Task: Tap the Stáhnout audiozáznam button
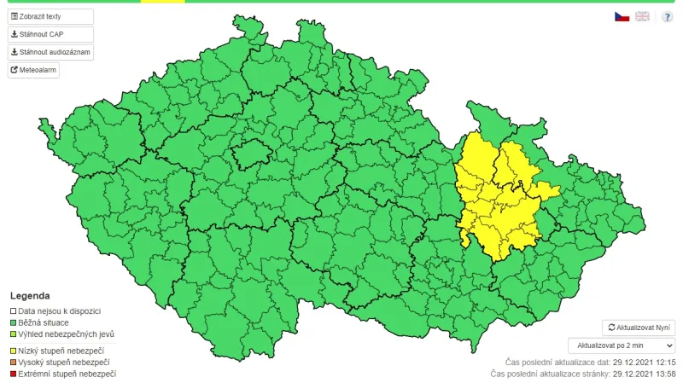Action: [x=50, y=52]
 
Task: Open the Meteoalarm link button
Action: [x=34, y=70]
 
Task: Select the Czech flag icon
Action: [x=622, y=16]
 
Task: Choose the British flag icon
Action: [x=642, y=16]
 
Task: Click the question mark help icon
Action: [x=667, y=16]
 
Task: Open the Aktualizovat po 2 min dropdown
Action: [x=622, y=345]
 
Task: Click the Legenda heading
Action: [x=30, y=296]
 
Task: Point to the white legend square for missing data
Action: [x=13, y=311]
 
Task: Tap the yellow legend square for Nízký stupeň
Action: [x=13, y=351]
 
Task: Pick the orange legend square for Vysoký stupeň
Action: [x=13, y=363]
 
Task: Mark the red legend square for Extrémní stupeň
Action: [x=13, y=374]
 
